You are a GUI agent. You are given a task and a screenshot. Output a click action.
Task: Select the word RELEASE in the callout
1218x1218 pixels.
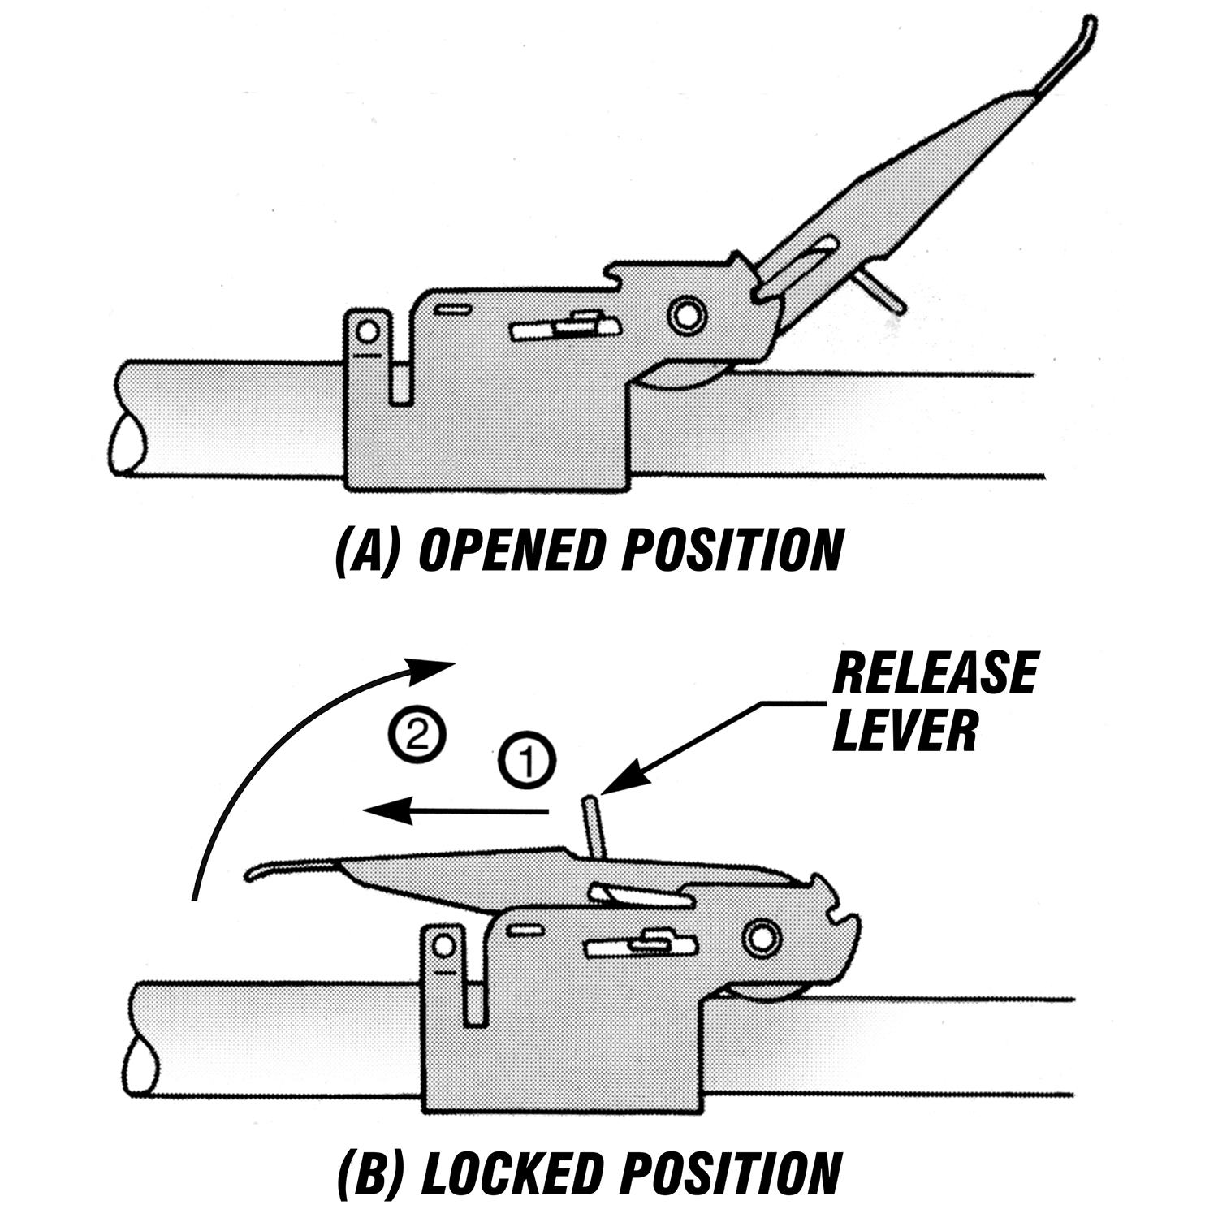pos(935,673)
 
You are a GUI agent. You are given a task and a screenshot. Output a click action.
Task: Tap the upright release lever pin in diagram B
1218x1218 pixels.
pos(594,825)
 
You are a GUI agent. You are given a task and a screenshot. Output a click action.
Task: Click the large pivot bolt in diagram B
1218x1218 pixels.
pos(761,937)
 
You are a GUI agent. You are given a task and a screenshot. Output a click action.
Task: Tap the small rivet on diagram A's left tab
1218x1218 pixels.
pos(368,330)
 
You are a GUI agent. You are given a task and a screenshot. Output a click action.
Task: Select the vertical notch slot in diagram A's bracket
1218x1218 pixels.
pos(399,382)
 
